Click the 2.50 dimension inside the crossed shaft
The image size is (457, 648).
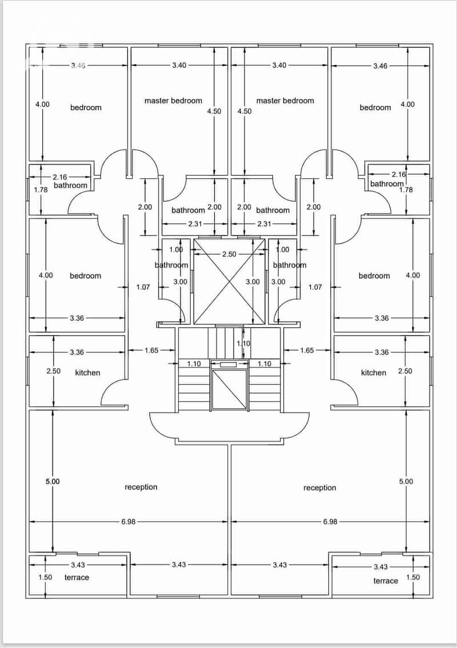(x=229, y=254)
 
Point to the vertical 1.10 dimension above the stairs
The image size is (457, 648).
(x=243, y=343)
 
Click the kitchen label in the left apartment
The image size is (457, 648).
(x=87, y=373)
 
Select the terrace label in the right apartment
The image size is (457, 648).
(x=386, y=581)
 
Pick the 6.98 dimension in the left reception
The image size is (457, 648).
(x=129, y=522)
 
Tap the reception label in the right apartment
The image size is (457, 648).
(x=319, y=488)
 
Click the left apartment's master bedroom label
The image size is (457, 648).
(x=174, y=101)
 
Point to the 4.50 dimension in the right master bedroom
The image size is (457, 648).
(x=244, y=111)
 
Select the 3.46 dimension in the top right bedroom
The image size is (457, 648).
(x=380, y=66)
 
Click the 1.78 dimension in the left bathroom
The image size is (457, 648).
(x=41, y=190)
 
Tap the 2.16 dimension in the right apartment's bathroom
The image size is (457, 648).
(x=399, y=174)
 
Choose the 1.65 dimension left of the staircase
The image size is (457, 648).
(x=151, y=351)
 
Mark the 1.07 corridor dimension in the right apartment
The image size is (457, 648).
(x=315, y=287)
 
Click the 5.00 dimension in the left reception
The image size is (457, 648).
(x=53, y=482)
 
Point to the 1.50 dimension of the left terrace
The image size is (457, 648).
(x=45, y=577)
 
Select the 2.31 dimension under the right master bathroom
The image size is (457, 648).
(x=264, y=224)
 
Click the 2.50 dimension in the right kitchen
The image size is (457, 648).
(x=405, y=371)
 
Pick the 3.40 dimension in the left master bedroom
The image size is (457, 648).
(x=179, y=65)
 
